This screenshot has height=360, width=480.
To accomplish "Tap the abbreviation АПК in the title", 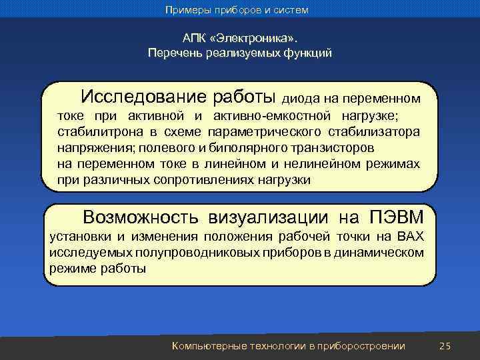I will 195,39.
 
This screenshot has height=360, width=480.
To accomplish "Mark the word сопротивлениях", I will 201,180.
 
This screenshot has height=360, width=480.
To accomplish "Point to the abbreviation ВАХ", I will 409,237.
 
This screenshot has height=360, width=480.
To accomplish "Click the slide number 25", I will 446,345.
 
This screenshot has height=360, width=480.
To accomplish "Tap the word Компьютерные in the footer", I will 208,345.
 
